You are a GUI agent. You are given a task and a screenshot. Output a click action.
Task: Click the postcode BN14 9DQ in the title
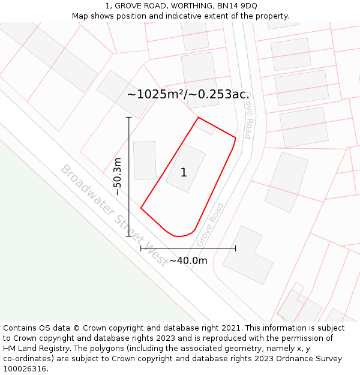pos(237,5)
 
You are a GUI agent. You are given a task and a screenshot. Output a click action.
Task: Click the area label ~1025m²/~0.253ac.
pos(188,94)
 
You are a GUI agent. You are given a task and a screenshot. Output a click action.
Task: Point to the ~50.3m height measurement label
pos(118,176)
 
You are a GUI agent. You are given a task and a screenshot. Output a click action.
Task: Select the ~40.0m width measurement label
pos(188,260)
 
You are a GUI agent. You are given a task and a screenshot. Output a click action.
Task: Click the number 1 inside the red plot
pos(184,173)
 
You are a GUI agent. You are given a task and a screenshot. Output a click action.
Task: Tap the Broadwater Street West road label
pos(114,215)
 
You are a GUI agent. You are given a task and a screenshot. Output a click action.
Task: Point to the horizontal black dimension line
pos(188,248)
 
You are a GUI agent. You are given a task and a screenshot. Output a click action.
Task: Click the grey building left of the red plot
pos(145,160)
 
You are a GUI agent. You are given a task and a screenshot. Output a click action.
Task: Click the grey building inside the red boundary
pos(185,167)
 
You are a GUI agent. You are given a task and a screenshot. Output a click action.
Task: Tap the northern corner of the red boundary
pos(198,118)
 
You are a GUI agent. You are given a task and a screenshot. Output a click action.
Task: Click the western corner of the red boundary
pos(141,208)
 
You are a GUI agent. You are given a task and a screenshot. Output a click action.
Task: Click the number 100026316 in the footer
pos(25,368)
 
